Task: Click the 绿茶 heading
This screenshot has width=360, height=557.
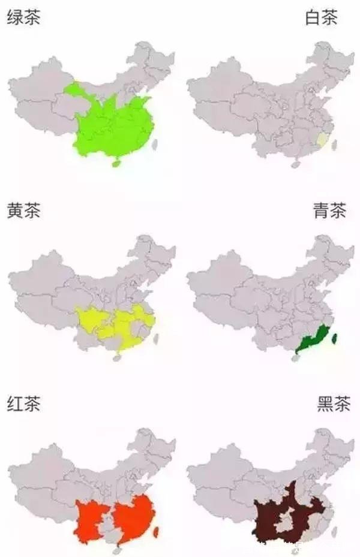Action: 23,18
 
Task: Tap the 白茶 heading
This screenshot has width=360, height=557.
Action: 322,18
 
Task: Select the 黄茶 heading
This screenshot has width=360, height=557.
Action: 23,211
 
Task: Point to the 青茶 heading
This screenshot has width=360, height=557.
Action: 329,211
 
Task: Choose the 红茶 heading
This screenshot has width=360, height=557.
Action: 23,404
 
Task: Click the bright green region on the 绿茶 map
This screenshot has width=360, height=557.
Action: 114,126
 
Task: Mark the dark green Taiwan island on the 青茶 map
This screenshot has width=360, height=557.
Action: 334,338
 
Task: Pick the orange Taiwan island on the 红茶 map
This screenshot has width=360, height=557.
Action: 157,531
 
